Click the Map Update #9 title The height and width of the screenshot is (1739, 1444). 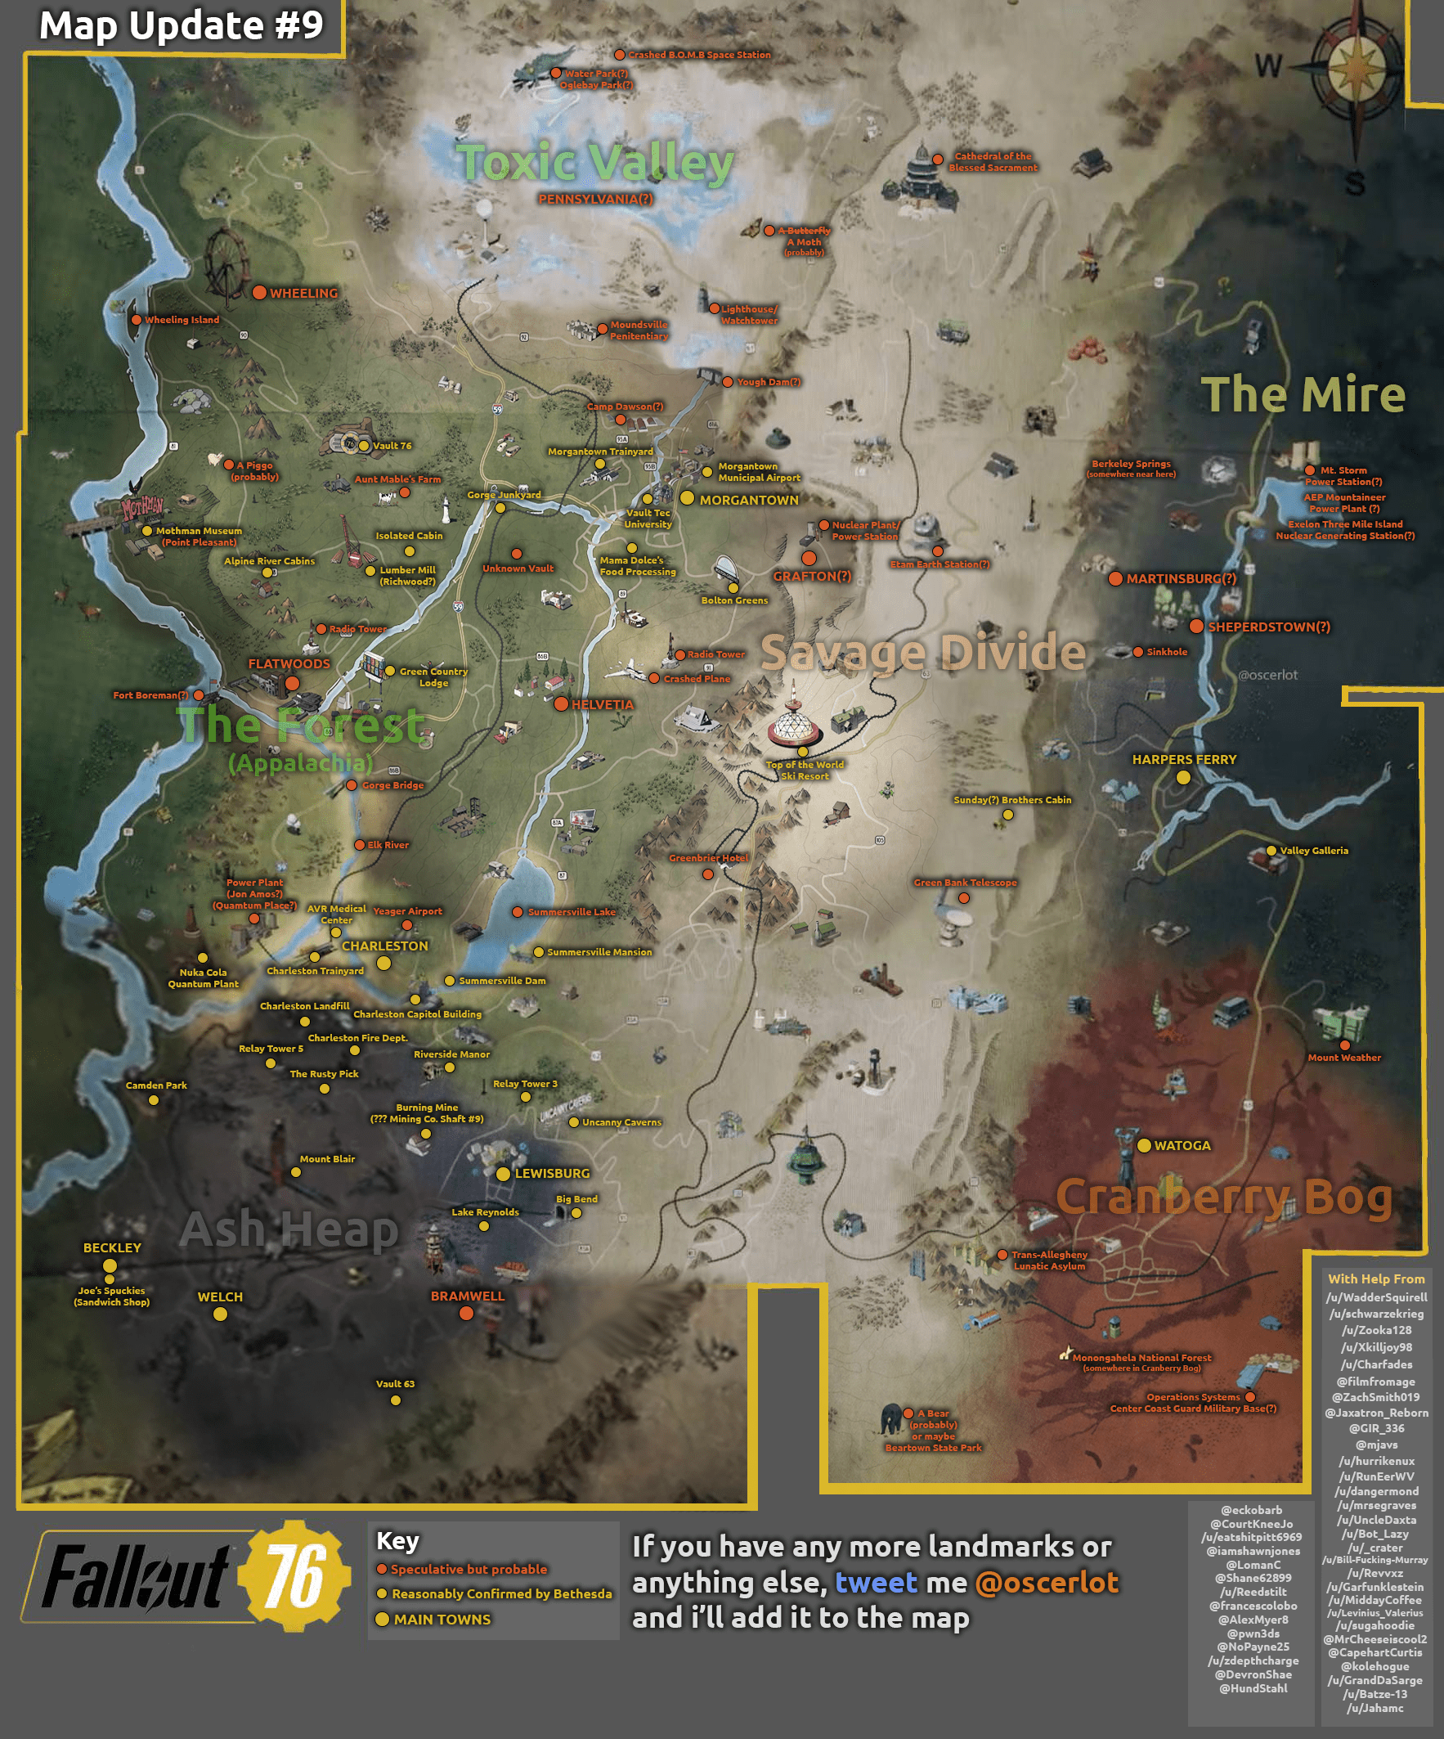pos(182,25)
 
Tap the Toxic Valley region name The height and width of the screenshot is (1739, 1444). pos(594,162)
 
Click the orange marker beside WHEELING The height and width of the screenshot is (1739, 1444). pos(259,292)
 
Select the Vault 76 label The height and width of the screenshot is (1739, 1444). pos(392,446)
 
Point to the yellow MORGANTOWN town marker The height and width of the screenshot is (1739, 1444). pos(687,497)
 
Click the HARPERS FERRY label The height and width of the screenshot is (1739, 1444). pos(1184,759)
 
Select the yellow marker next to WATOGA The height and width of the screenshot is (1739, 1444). pos(1143,1145)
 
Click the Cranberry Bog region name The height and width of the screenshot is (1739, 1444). pos(1224,1198)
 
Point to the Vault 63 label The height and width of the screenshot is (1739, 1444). pos(395,1384)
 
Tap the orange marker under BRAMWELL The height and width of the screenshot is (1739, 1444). pos(466,1314)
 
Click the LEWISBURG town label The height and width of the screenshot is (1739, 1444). pos(552,1174)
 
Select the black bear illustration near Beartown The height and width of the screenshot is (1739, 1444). pos(890,1418)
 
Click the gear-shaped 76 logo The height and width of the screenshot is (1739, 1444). pos(294,1576)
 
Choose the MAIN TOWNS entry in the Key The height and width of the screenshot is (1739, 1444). pos(442,1619)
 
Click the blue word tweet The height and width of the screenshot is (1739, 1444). pos(876,1583)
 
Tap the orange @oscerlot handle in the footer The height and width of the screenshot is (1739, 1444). pos(1047,1583)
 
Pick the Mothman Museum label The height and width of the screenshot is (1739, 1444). pos(199,532)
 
